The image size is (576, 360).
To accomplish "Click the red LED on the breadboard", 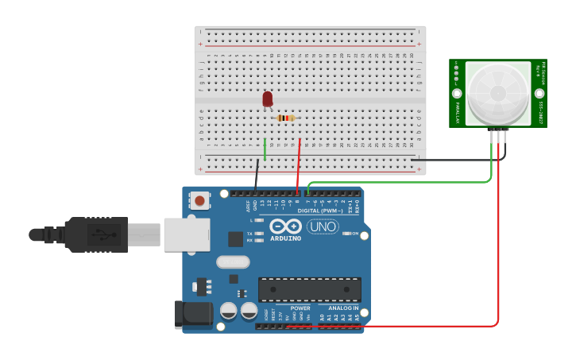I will (268, 99).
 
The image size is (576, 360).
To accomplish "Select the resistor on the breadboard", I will (285, 118).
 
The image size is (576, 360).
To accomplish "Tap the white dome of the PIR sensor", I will (498, 94).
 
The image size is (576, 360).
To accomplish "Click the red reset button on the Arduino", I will (199, 202).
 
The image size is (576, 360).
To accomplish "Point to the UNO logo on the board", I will (323, 226).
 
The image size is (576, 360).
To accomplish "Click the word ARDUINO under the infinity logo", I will (285, 238).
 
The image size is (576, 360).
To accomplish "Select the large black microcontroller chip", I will (309, 289).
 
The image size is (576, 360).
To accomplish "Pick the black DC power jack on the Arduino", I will (194, 313).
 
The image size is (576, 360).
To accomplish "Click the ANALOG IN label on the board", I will (342, 308).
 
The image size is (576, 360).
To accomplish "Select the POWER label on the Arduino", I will (300, 308).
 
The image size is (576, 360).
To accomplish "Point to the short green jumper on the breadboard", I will (265, 149).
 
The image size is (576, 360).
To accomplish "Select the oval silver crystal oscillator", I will (233, 261).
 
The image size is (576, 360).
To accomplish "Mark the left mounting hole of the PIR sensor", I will (458, 93).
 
